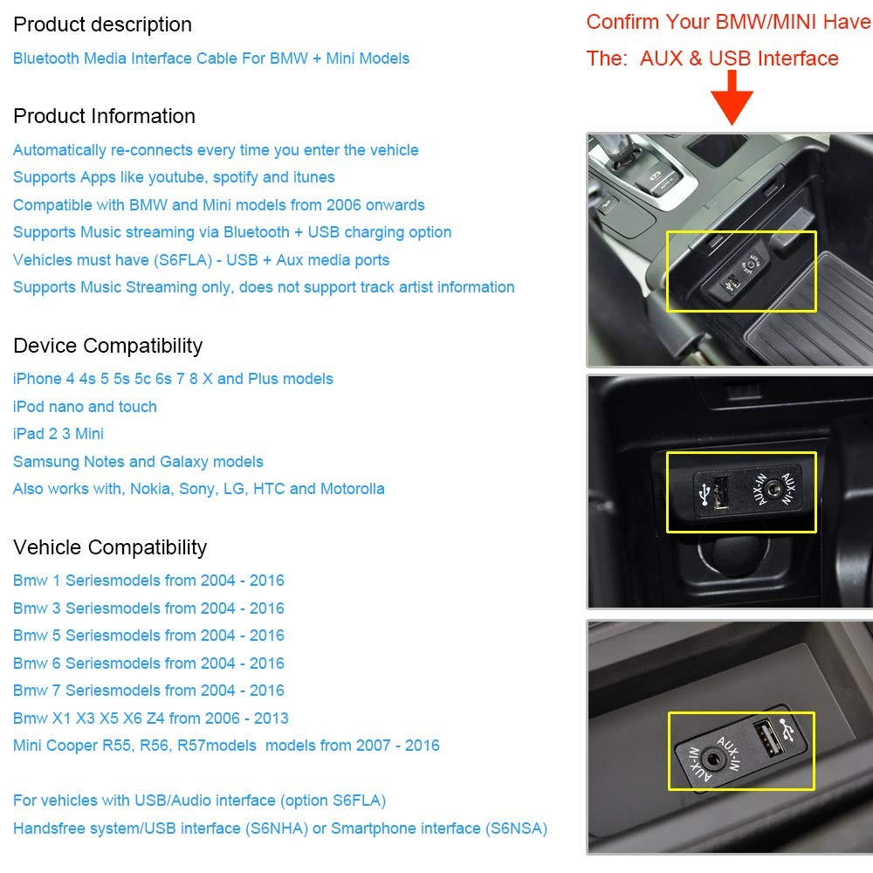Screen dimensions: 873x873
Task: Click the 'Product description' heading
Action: click(x=102, y=24)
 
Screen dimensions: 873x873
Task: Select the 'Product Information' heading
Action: click(x=104, y=116)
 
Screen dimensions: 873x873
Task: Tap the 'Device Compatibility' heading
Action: click(x=107, y=346)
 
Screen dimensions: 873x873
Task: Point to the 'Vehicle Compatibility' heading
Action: click(x=110, y=547)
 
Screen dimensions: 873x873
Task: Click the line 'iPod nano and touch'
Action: click(x=85, y=407)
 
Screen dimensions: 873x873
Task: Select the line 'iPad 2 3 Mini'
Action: click(x=58, y=434)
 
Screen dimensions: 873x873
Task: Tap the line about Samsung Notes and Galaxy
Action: click(x=138, y=462)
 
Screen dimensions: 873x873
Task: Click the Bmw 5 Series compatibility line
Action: click(x=148, y=636)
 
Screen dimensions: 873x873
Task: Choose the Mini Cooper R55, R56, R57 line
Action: click(x=226, y=746)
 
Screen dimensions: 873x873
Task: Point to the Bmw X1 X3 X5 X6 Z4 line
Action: click(x=150, y=718)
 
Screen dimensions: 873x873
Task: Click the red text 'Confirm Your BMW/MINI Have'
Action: click(x=728, y=22)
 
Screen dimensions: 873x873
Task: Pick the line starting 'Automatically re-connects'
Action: click(x=216, y=150)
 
